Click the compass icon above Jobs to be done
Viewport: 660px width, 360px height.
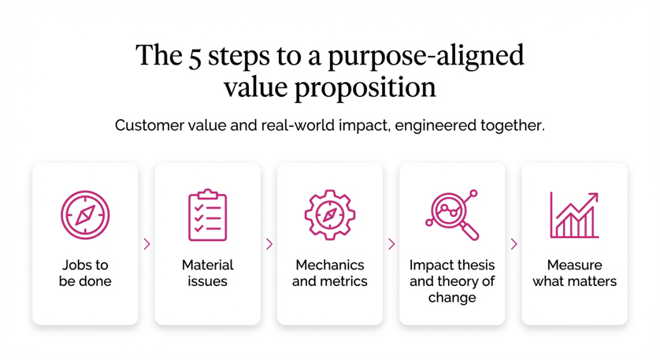pyautogui.click(x=85, y=215)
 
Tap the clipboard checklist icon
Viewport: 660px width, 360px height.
pyautogui.click(x=207, y=215)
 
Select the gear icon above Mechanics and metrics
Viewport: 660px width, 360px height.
pyautogui.click(x=330, y=215)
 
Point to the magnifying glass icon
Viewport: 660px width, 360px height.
pyautogui.click(x=452, y=215)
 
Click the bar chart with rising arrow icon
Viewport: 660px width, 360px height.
pyautogui.click(x=574, y=215)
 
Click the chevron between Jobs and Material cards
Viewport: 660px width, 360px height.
pyautogui.click(x=147, y=244)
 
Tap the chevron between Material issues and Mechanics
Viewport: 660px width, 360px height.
pyautogui.click(x=269, y=244)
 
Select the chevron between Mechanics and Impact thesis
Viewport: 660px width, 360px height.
pyautogui.click(x=391, y=244)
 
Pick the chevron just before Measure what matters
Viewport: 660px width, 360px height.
pyautogui.click(x=514, y=244)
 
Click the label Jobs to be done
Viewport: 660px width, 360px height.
pyautogui.click(x=85, y=273)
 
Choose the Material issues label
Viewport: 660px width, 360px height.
pyautogui.click(x=207, y=273)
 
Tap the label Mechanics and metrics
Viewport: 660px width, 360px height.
pyautogui.click(x=330, y=273)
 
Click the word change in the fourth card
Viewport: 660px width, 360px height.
pyautogui.click(x=452, y=298)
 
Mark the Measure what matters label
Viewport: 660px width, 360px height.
pyautogui.click(x=574, y=273)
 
